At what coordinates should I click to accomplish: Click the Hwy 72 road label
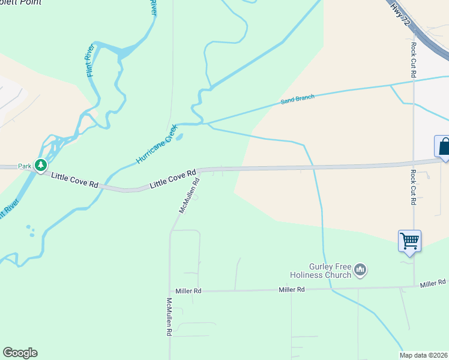point(400,13)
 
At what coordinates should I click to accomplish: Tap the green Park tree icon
point(41,166)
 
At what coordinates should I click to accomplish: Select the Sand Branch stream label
point(298,100)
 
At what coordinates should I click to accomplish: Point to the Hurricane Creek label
point(156,145)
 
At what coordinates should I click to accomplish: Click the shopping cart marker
point(409,241)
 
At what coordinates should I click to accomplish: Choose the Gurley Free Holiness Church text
point(322,271)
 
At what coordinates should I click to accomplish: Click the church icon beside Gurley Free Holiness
point(361,270)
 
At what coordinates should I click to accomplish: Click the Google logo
point(20,353)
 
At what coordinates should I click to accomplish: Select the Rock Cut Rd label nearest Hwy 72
point(414,59)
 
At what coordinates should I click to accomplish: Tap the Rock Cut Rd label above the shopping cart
point(414,188)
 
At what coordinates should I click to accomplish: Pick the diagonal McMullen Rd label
point(188,199)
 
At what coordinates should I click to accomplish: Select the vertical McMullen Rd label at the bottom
point(170,317)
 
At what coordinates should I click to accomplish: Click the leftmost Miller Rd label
point(189,291)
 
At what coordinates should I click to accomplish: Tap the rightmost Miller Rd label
point(433,283)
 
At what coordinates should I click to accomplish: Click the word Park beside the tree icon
point(24,166)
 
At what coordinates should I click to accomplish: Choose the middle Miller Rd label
point(292,290)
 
